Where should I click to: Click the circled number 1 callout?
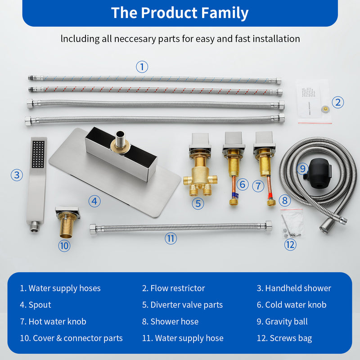point(142,67)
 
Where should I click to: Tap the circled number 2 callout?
point(337,102)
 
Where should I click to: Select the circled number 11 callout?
point(171,238)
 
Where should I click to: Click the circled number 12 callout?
point(290,244)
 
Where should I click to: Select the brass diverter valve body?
point(198,173)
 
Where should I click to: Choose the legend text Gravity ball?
point(286,321)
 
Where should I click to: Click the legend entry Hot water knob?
point(57,321)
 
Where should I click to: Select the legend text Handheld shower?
point(298,288)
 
